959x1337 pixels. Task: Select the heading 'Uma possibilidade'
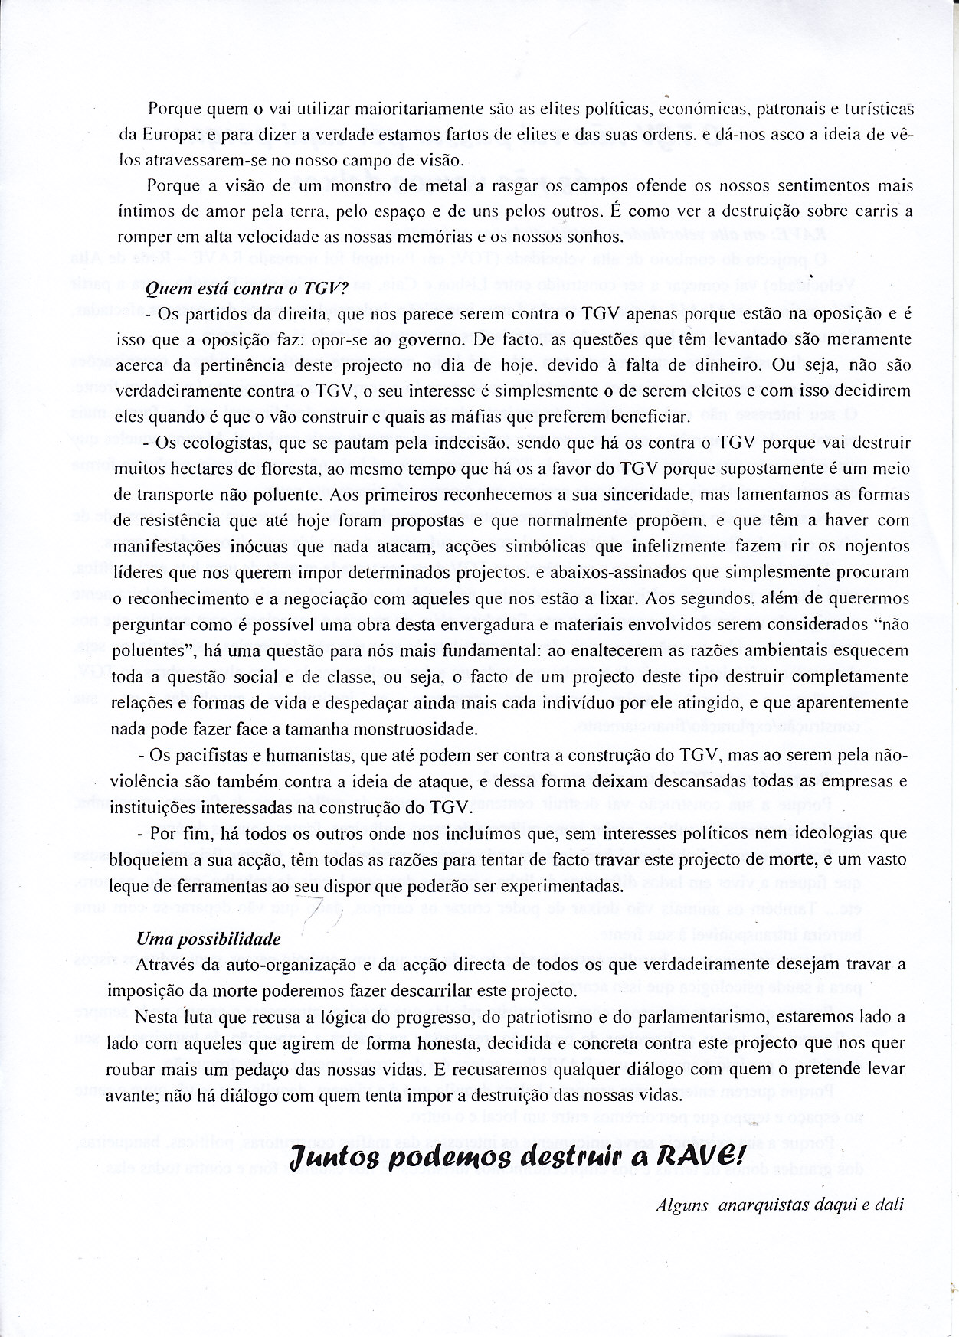point(208,938)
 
